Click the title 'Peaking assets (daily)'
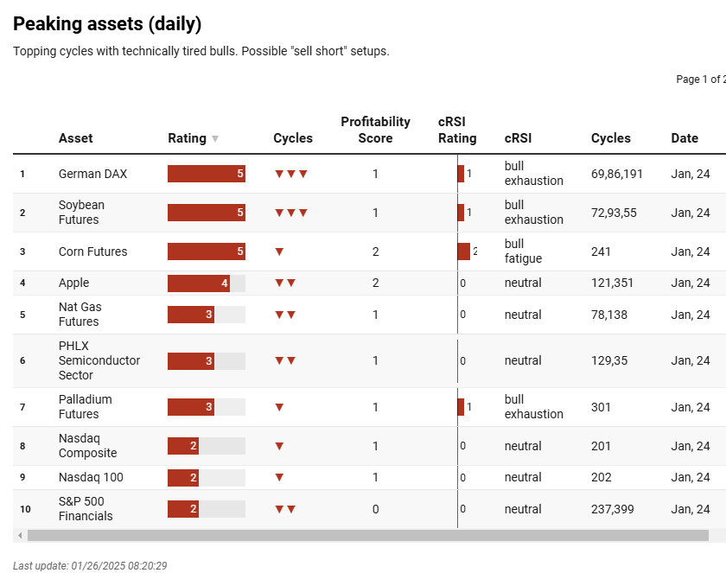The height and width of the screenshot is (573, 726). click(107, 24)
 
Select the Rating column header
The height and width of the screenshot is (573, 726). click(187, 138)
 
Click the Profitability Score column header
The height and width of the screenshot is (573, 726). click(375, 130)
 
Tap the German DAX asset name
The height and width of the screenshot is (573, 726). click(92, 174)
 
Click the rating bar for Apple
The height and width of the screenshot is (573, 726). click(199, 283)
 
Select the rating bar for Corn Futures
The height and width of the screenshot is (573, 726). click(206, 251)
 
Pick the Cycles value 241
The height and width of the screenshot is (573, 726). click(601, 251)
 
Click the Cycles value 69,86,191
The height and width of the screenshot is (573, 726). click(617, 174)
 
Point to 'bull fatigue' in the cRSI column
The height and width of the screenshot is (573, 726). click(523, 251)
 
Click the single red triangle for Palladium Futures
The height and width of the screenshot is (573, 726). click(279, 407)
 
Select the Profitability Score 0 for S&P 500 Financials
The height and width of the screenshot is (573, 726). click(375, 509)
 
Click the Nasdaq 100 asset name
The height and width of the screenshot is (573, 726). click(91, 477)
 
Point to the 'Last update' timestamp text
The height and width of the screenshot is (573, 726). click(90, 565)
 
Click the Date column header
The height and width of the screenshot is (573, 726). click(685, 138)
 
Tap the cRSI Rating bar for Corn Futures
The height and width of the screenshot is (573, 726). click(464, 251)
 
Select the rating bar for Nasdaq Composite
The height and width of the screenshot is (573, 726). click(183, 446)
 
